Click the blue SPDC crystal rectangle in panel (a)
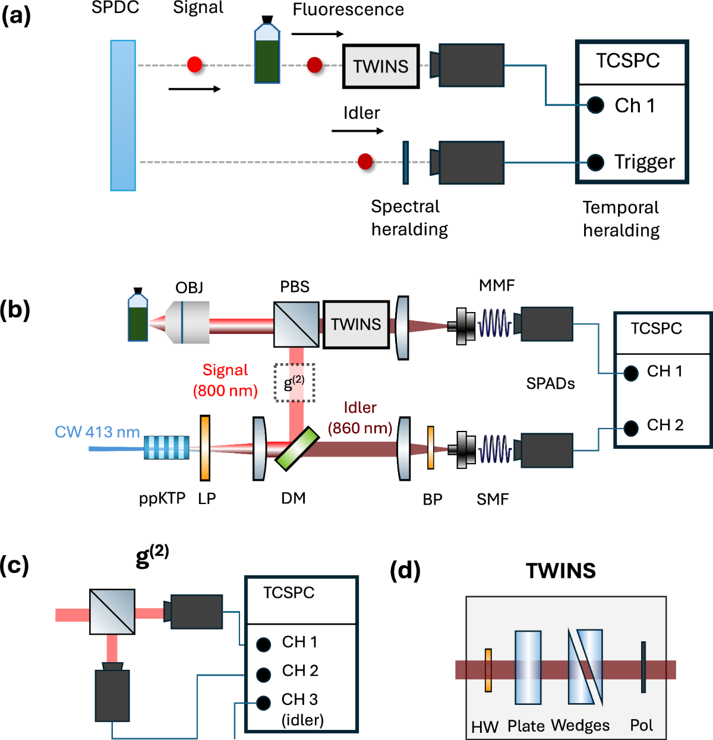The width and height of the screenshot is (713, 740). click(123, 115)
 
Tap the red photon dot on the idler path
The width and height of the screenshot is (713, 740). click(365, 161)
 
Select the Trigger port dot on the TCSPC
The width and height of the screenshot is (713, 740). click(595, 162)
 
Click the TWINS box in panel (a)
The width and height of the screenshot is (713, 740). click(381, 67)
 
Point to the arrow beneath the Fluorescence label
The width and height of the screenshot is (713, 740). click(318, 34)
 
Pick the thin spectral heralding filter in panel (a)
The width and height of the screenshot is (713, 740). click(406, 162)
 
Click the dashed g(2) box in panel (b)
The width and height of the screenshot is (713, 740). click(295, 383)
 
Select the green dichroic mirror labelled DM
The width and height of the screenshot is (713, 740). click(298, 449)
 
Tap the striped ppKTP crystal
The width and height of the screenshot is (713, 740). click(167, 448)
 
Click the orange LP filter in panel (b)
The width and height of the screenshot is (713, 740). click(205, 448)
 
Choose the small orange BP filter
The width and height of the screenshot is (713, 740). click(430, 448)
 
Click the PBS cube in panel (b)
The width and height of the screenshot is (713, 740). click(296, 324)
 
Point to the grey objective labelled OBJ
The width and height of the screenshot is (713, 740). click(187, 322)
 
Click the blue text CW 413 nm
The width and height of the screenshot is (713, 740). click(97, 432)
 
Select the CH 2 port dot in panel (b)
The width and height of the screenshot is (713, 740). click(631, 427)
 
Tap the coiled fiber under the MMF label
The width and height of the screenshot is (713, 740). click(495, 325)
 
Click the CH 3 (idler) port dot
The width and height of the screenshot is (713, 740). click(264, 703)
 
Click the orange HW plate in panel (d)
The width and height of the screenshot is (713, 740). click(488, 670)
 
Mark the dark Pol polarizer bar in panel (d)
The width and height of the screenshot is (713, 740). click(643, 667)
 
